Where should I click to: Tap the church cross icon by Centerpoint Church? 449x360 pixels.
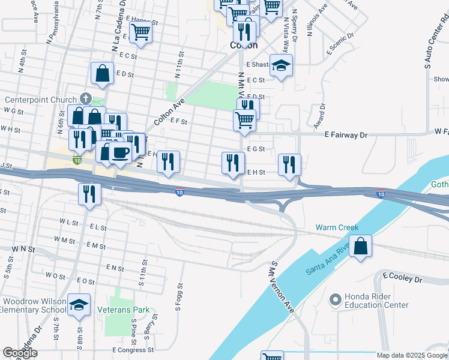click(86, 98)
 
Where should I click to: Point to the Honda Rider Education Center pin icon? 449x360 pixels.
click(335, 298)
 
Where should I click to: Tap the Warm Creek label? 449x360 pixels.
click(337, 228)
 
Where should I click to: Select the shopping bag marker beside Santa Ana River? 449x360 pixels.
click(360, 247)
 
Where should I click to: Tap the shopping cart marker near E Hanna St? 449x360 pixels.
click(141, 31)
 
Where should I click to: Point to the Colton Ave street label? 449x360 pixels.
click(169, 112)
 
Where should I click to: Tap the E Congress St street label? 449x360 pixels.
click(133, 350)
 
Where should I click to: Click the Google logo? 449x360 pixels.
click(20, 353)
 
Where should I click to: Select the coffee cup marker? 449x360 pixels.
click(120, 152)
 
